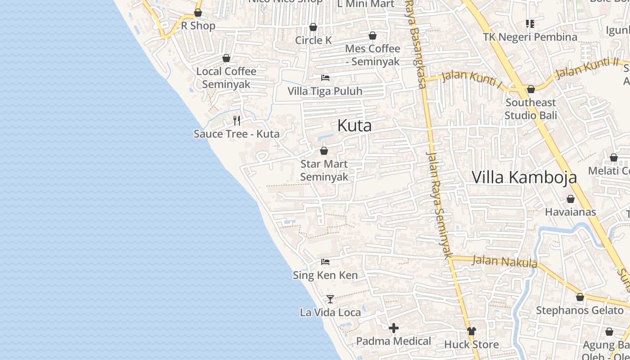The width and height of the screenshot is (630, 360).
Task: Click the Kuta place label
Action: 355,126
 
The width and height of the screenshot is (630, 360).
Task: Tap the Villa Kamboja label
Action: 524,177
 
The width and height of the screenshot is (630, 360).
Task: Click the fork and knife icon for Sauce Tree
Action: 237,120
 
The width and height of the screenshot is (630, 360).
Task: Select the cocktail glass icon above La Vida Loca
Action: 330,299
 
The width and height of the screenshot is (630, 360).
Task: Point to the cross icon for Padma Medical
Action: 394,328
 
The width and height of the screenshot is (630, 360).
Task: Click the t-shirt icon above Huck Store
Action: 471,331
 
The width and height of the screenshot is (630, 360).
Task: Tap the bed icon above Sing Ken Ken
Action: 325,261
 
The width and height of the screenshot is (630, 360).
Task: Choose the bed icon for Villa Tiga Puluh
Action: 325,78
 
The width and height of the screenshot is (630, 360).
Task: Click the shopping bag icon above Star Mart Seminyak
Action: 324,151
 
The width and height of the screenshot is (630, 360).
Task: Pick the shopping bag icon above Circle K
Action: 313,27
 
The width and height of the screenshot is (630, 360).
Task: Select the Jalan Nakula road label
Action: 504,261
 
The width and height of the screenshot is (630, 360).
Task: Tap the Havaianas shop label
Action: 570,212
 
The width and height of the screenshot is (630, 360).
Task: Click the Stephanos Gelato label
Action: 580,310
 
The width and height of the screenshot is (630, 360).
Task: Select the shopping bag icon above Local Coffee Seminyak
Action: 226,58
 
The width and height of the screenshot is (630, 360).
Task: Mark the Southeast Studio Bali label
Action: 531,109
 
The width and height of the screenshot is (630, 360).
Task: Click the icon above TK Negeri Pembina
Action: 530,23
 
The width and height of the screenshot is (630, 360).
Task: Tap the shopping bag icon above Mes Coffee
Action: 373,36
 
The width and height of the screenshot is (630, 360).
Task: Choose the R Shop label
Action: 198,26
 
